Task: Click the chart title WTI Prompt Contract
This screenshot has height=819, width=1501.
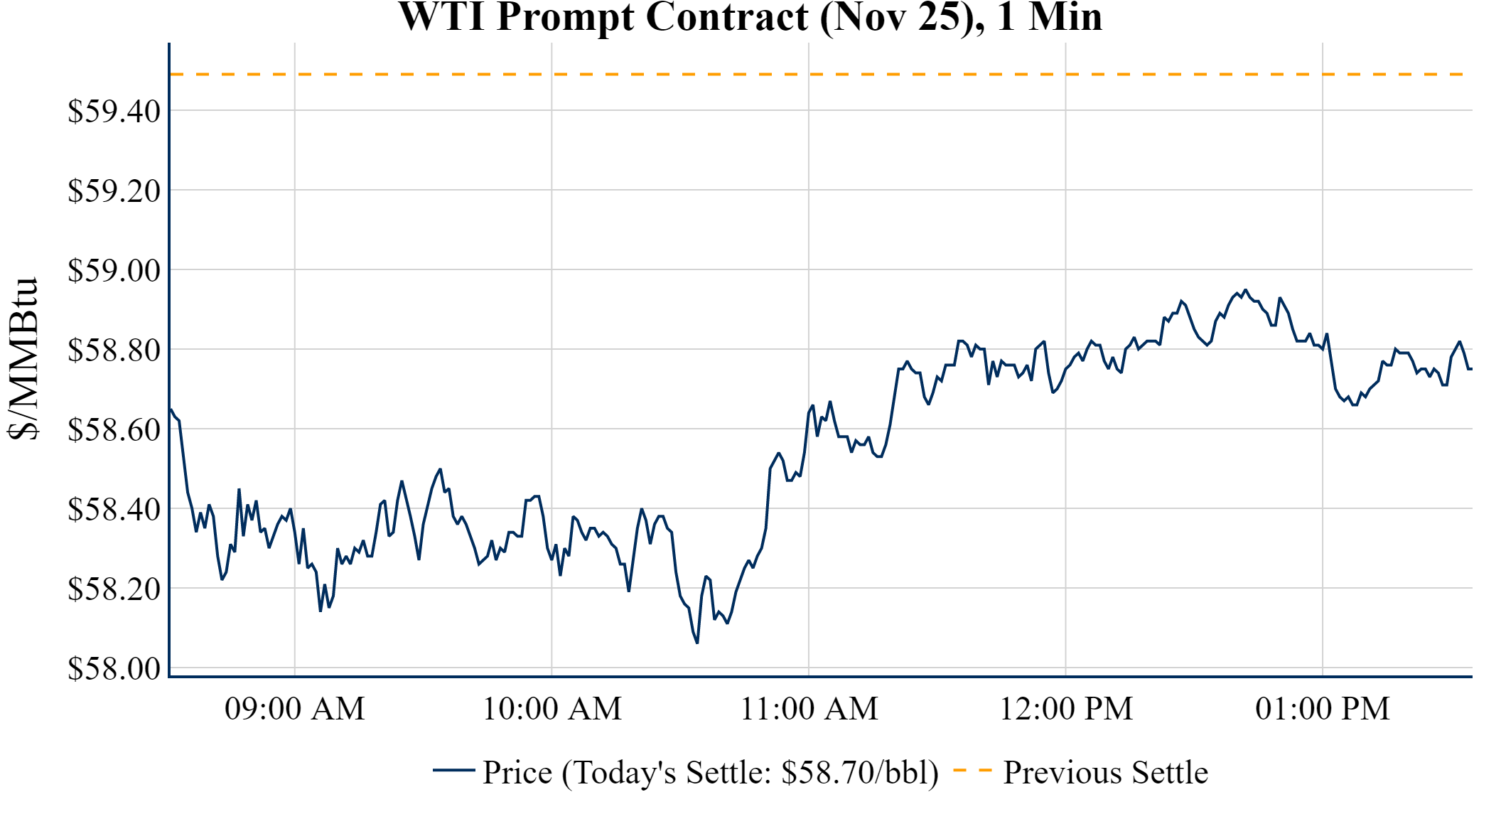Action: [750, 17]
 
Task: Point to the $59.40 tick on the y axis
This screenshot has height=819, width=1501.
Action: [114, 111]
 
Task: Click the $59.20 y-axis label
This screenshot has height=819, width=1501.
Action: [114, 191]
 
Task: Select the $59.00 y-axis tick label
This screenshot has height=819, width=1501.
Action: [114, 270]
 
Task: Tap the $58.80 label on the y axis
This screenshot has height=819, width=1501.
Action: [114, 350]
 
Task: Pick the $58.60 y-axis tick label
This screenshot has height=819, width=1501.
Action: [114, 429]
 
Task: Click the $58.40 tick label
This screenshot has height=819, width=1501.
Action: [114, 509]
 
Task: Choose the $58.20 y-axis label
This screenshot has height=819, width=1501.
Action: [114, 589]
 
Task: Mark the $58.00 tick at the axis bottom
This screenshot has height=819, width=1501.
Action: [114, 668]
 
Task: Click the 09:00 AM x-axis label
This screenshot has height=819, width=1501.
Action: [295, 709]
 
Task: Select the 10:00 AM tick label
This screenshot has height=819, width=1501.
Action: [552, 709]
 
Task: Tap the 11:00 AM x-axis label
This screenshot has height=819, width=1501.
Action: [809, 709]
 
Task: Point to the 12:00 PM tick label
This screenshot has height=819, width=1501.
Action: [1066, 709]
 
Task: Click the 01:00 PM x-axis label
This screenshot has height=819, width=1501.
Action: [1323, 709]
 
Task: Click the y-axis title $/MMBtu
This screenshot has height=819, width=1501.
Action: [23, 359]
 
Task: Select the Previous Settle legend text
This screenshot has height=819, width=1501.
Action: [1105, 773]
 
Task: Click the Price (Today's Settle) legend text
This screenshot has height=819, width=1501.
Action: [711, 773]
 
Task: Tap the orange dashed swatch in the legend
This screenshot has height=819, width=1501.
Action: [972, 770]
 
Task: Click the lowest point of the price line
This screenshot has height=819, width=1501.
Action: [697, 643]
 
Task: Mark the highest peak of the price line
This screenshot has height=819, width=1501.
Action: [1244, 290]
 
